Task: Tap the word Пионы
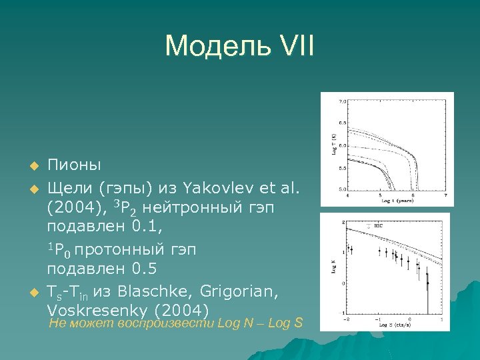coord(74,165)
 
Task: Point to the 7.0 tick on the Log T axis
coord(342,102)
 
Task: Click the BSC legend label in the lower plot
coord(378,226)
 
